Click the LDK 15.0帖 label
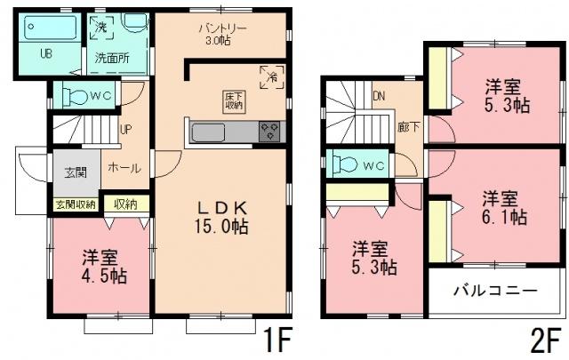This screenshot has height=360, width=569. [222, 216]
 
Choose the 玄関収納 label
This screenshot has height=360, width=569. [76, 204]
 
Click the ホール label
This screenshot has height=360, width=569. [123, 167]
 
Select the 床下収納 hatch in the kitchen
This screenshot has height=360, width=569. [230, 100]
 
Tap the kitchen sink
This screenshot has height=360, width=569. [212, 133]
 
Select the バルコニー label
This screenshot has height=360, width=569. [495, 291]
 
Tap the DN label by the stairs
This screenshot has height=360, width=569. [380, 96]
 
